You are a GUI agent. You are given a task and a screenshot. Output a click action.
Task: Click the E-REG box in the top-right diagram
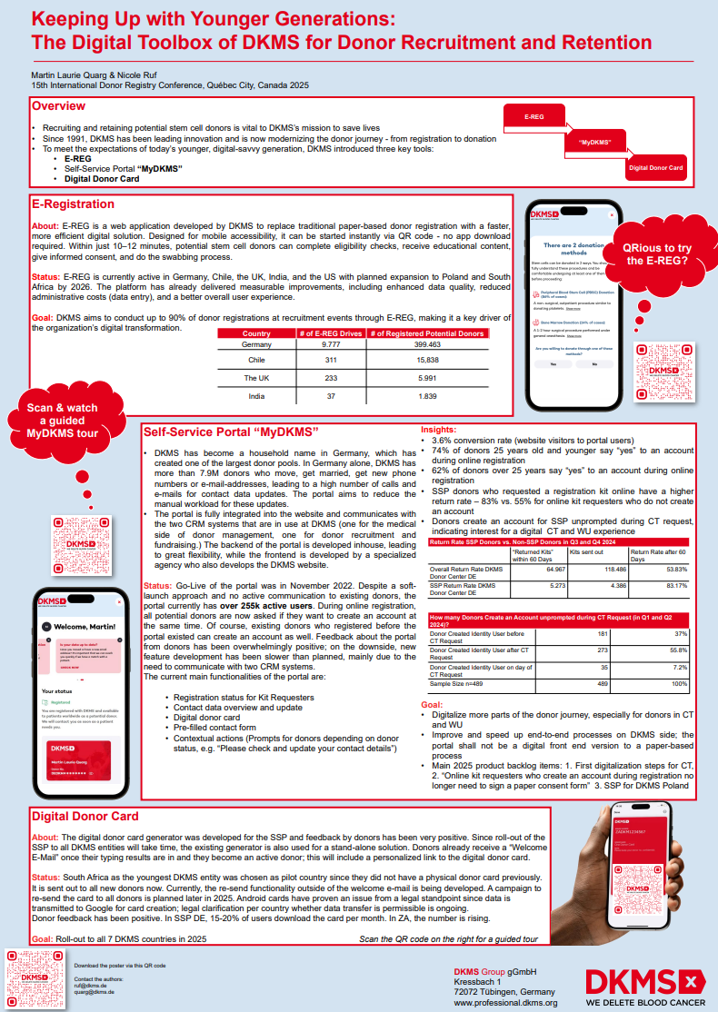point(535,118)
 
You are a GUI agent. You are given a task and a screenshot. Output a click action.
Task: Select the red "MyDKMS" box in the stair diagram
point(593,143)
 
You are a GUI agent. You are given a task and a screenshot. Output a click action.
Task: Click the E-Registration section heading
point(73,204)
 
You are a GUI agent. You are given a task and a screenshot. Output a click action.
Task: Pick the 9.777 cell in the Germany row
point(331,345)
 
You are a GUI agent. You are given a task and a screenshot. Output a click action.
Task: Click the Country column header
point(256,333)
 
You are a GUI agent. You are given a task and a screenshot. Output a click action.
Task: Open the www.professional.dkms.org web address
point(505,1003)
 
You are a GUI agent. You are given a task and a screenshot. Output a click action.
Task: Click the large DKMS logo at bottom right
point(643,981)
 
